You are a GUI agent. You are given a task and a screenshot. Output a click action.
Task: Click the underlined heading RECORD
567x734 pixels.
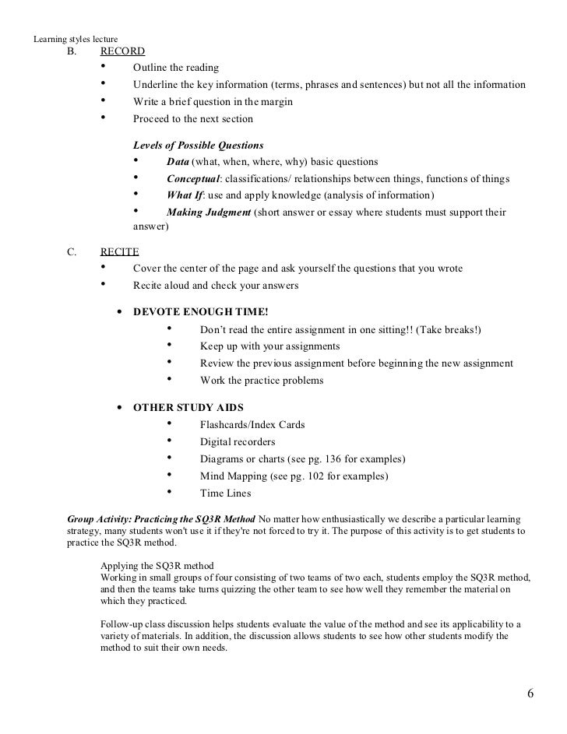click(122, 52)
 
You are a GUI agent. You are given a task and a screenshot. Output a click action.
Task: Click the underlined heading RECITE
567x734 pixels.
click(120, 252)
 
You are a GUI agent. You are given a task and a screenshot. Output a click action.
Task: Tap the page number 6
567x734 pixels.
click(531, 694)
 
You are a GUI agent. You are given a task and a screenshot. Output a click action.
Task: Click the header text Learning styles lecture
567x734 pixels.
click(74, 39)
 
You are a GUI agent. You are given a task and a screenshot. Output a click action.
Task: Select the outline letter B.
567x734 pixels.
click(72, 52)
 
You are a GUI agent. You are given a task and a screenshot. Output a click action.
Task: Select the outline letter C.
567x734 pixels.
click(72, 252)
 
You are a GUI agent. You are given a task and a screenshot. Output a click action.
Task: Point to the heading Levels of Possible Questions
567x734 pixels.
click(199, 146)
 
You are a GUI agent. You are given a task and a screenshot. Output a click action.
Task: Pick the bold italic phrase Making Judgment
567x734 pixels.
click(209, 212)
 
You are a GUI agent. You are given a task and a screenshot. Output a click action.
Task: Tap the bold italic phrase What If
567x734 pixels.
click(184, 195)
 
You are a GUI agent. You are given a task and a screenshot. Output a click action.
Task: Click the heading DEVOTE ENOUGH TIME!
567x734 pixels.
click(206, 312)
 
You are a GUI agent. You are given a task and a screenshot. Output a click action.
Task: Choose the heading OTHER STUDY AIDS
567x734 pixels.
click(188, 407)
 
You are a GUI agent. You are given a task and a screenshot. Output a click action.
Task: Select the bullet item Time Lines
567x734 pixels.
click(225, 493)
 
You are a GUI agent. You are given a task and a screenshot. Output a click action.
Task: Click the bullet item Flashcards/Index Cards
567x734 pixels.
click(252, 425)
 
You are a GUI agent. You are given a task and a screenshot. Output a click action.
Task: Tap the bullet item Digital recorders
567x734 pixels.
click(238, 441)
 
